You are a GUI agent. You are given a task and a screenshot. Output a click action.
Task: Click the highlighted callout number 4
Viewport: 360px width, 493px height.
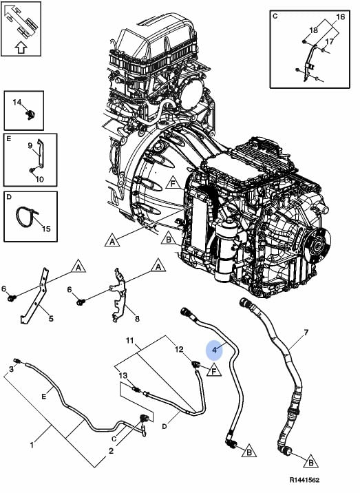pos(215,350)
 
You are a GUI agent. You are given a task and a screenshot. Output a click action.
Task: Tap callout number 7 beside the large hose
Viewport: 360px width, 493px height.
pos(306,332)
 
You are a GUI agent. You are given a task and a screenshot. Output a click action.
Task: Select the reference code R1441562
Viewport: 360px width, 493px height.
pos(304,480)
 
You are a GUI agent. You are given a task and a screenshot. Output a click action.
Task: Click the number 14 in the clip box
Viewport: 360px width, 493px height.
pos(17,102)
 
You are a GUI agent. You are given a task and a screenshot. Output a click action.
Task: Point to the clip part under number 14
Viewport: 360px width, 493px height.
pos(30,115)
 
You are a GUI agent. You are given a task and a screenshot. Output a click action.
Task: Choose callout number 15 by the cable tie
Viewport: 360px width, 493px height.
pos(46,229)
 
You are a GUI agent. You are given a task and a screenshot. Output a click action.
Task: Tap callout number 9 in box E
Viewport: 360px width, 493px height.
pos(30,145)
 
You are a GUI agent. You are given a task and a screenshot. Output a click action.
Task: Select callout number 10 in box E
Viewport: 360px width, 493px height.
pos(39,179)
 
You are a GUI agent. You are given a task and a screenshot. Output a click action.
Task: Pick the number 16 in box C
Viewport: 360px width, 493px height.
pos(341,17)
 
